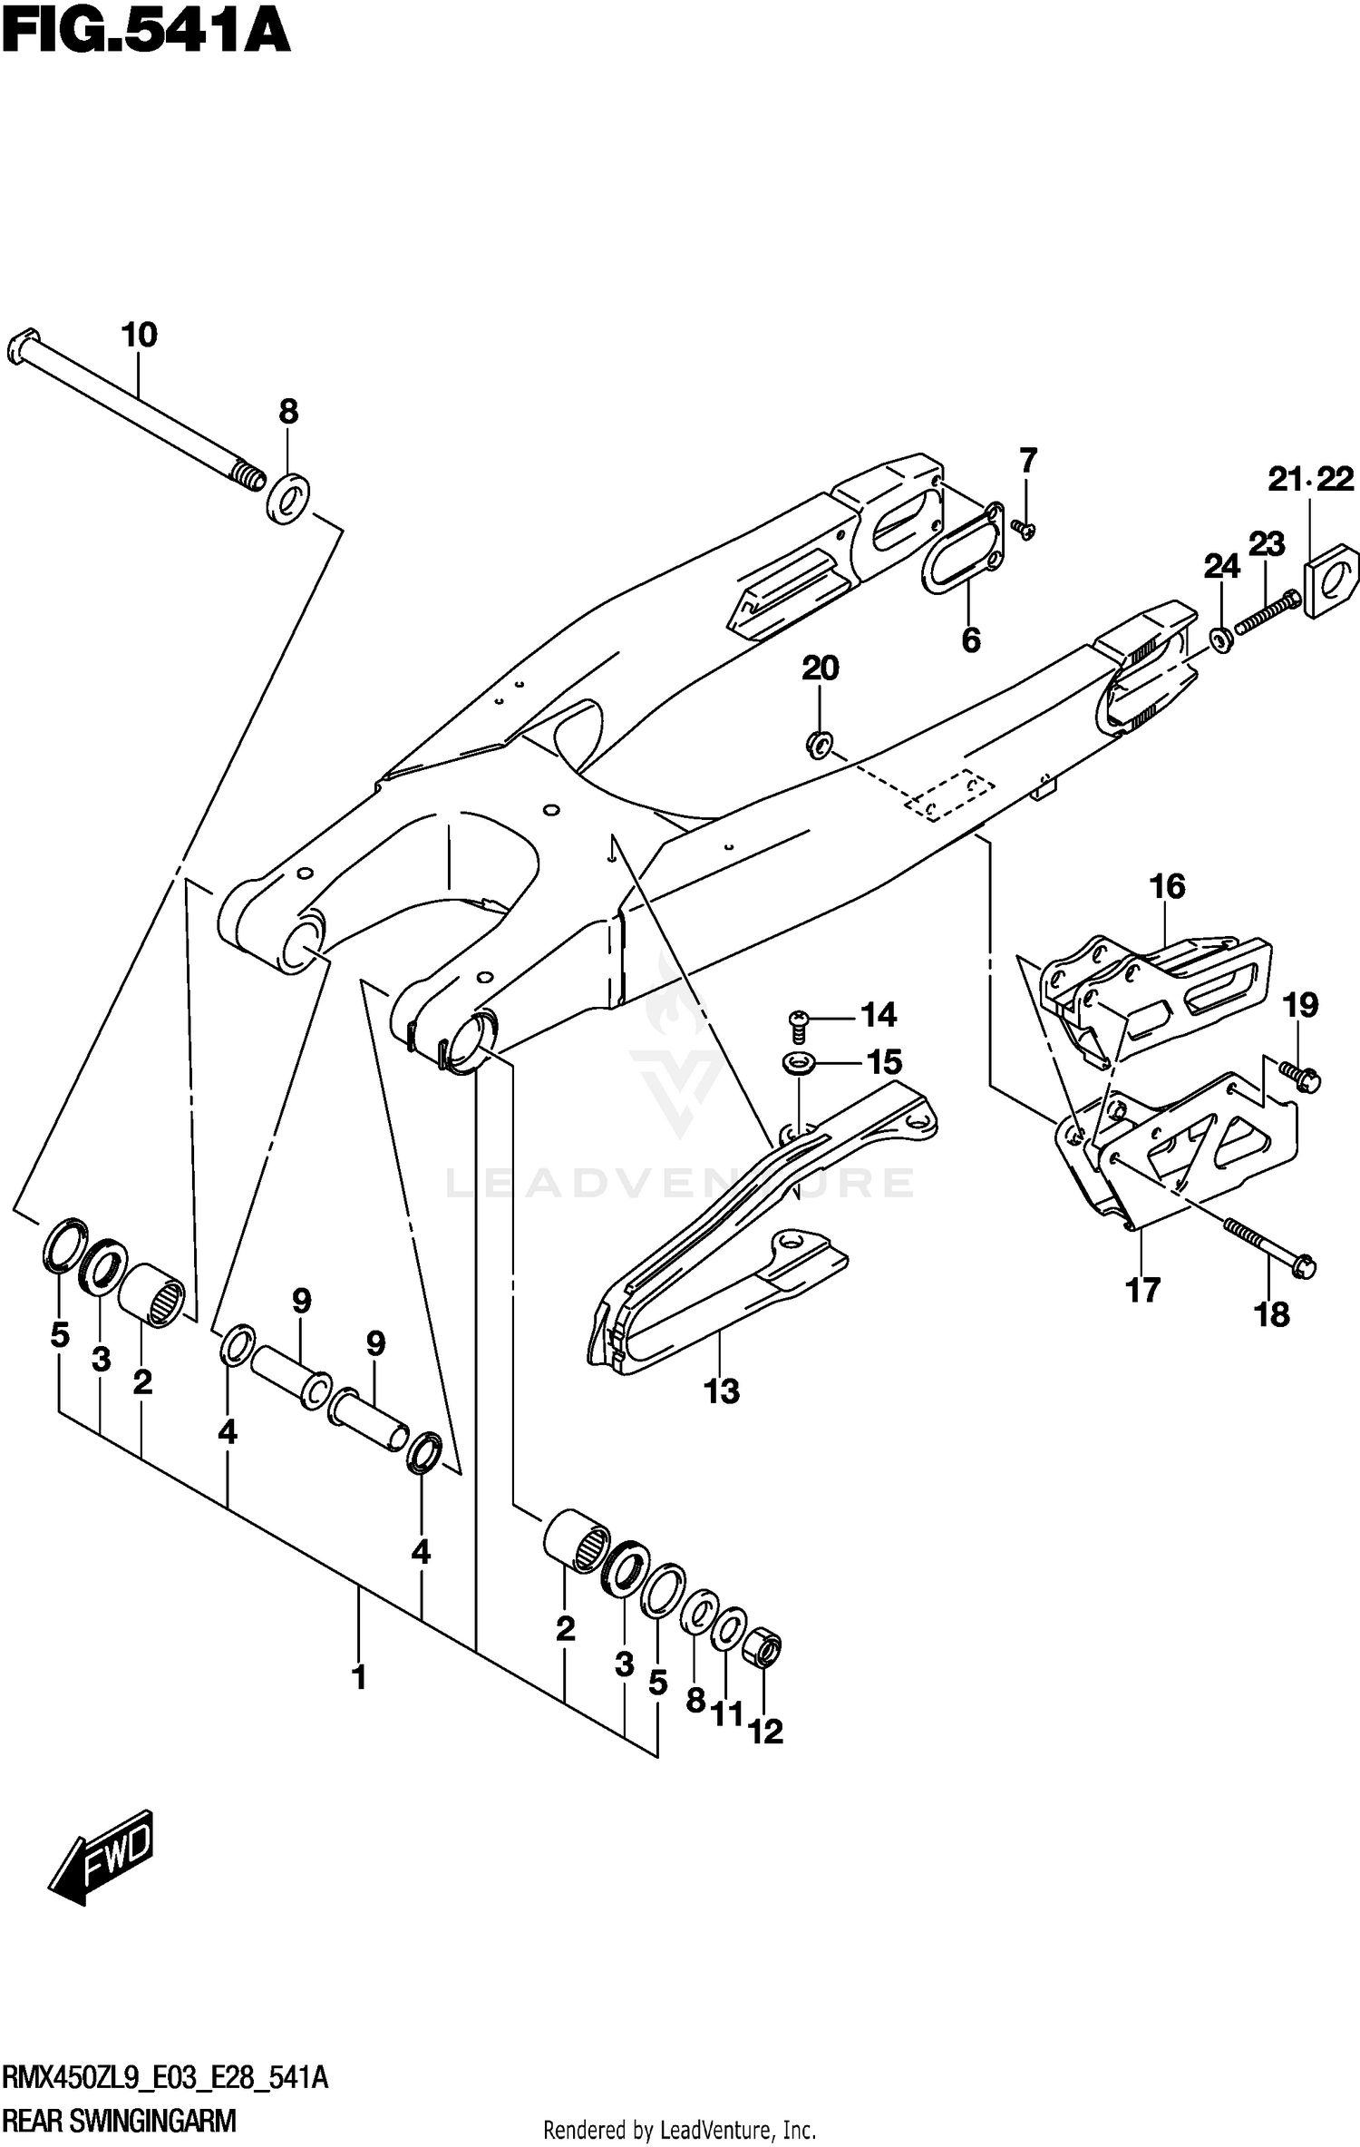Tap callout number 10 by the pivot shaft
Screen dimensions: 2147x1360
[x=139, y=336]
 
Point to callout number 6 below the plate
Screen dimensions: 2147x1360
[x=970, y=640]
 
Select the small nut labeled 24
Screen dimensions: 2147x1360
[x=1220, y=639]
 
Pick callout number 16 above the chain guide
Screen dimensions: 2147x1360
[x=1167, y=886]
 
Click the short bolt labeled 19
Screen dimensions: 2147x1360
[x=1300, y=1076]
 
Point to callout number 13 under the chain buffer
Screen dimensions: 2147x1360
[x=722, y=1391]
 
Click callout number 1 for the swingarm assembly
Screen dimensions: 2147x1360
[x=359, y=1677]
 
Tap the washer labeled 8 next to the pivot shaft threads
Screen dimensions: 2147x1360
[x=288, y=499]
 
